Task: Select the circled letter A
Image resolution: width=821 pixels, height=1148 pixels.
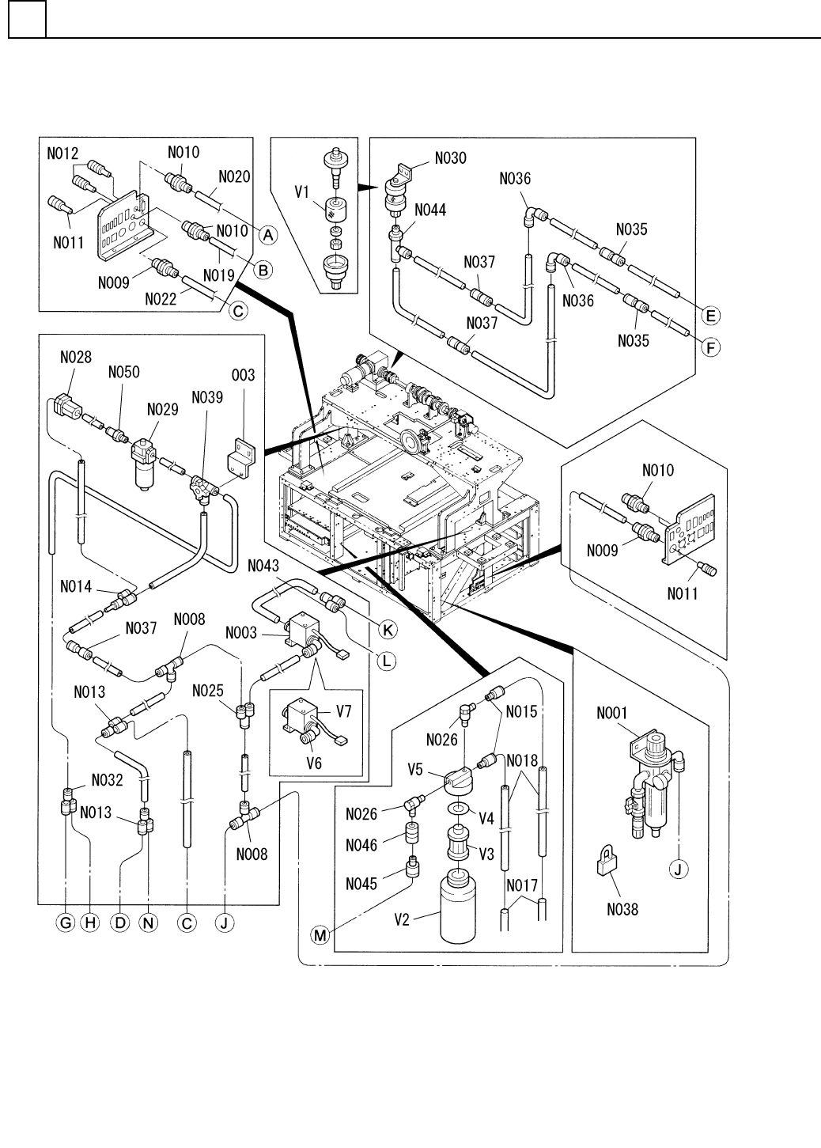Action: click(x=267, y=234)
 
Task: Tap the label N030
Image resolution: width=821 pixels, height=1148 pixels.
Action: click(x=449, y=158)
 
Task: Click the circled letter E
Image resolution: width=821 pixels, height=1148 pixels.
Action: click(x=710, y=316)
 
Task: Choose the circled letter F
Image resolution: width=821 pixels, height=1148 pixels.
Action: click(x=710, y=347)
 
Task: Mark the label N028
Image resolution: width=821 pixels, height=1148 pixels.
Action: click(x=76, y=358)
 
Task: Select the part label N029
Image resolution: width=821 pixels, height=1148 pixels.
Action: click(x=161, y=410)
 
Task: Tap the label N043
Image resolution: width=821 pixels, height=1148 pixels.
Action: click(x=263, y=566)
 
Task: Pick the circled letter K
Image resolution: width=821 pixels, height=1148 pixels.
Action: click(x=388, y=630)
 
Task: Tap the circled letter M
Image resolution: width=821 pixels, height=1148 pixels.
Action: click(x=320, y=936)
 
